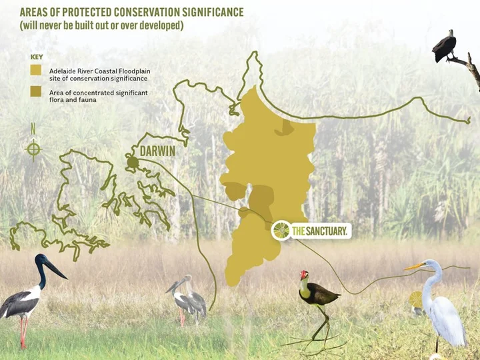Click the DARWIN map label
click(x=157, y=151)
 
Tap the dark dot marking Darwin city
click(x=133, y=162)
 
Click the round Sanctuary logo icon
click(x=281, y=231)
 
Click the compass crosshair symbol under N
click(x=33, y=150)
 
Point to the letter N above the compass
click(x=33, y=129)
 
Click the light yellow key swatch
click(x=36, y=70)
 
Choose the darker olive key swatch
click(x=36, y=91)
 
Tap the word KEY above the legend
click(x=37, y=57)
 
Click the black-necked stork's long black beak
click(x=55, y=269)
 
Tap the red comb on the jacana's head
click(x=303, y=274)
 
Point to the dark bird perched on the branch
click(x=444, y=47)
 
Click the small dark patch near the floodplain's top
click(x=285, y=128)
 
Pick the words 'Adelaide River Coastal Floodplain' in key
click(x=100, y=71)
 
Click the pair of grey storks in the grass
click(x=187, y=300)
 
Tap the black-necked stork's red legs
click(x=23, y=332)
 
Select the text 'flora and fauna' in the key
click(x=73, y=100)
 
